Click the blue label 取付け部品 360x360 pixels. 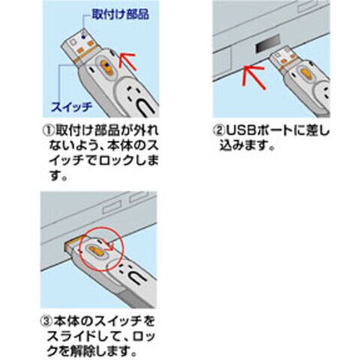121,14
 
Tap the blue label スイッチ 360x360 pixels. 72,107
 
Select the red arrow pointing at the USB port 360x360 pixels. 253,76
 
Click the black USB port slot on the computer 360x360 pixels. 268,44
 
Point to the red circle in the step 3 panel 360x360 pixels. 102,249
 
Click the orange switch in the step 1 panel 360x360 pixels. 106,68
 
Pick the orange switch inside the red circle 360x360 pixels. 96,251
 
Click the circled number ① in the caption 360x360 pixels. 48,130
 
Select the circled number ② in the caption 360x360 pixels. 218,130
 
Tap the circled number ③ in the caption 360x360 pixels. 46,321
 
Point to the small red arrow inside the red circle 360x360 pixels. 107,245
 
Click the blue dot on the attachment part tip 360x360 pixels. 83,37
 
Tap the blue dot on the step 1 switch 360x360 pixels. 107,65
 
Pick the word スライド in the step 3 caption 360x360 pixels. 70,337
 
